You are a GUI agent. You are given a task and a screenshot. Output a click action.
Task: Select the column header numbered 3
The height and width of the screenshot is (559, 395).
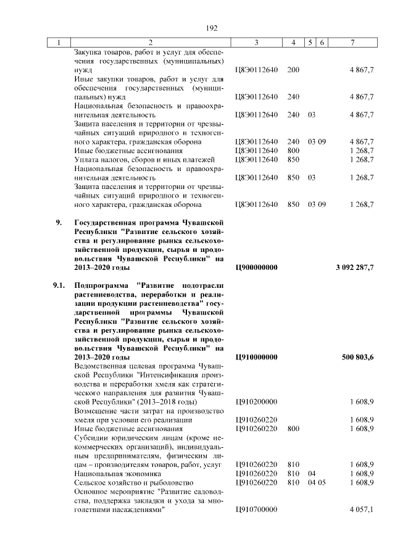point(256,42)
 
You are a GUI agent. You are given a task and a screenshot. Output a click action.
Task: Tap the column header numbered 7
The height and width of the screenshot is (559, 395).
point(352,42)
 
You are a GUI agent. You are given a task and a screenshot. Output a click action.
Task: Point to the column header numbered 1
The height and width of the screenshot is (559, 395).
point(59,42)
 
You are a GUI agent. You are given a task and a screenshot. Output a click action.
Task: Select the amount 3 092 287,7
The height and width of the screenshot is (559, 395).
point(354,267)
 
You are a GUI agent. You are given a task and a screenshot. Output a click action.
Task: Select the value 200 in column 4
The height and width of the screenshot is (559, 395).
point(293,70)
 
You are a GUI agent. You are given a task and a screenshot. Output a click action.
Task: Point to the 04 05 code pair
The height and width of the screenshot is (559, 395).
point(316,482)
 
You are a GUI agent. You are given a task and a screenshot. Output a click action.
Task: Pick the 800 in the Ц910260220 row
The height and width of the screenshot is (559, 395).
point(293,428)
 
